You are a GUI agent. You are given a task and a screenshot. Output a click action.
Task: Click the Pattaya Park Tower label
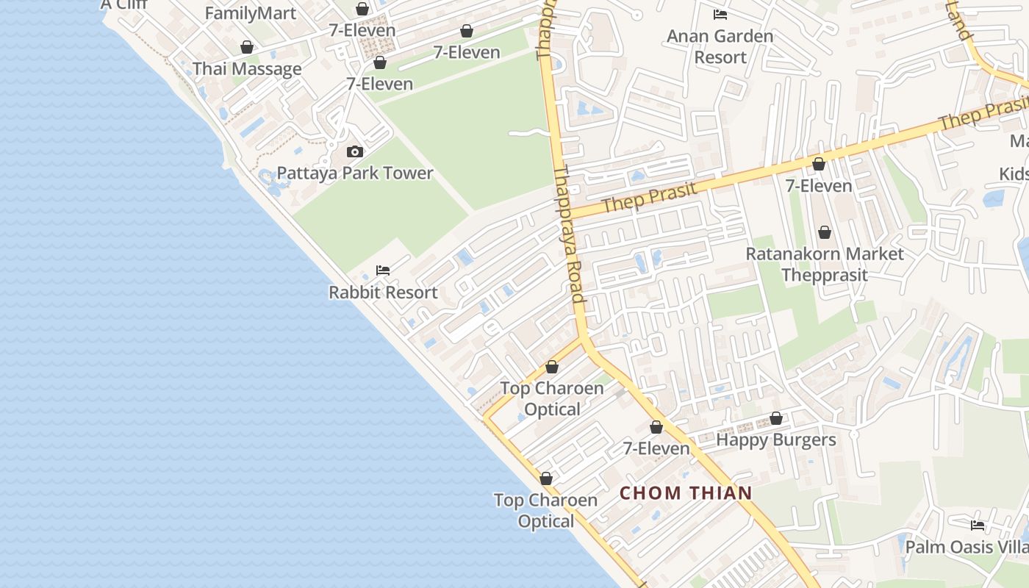point(355,173)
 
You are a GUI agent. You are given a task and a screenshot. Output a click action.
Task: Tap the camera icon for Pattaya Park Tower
point(355,152)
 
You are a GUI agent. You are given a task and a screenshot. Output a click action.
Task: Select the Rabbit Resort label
point(383,293)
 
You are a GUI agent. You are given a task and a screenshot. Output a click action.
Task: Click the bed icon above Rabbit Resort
point(382,270)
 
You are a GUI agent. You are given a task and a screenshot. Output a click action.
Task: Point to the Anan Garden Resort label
point(720,46)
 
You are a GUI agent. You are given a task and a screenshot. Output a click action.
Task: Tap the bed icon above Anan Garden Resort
point(720,14)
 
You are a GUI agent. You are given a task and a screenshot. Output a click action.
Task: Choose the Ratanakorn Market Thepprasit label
point(825,264)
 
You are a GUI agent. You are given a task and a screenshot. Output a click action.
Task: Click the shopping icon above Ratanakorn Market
point(825,232)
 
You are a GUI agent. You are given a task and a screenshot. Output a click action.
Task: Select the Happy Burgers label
point(776,440)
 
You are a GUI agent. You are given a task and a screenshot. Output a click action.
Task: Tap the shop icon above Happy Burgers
point(776,418)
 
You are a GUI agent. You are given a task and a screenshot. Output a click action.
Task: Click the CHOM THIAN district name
point(686,493)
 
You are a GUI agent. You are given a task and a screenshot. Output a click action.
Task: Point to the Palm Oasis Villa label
point(967,548)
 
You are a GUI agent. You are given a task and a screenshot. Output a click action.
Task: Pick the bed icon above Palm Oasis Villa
point(978,526)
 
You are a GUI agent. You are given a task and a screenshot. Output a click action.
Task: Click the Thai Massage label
point(247,69)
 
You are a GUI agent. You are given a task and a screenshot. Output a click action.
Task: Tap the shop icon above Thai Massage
point(247,48)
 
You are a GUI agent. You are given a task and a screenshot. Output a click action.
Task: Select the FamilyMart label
point(251,13)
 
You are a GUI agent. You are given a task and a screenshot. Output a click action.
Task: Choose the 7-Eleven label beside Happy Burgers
point(656,448)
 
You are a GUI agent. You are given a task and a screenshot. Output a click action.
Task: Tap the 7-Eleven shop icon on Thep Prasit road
point(818,164)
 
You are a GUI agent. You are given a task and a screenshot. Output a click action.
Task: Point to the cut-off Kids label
point(1014,174)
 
